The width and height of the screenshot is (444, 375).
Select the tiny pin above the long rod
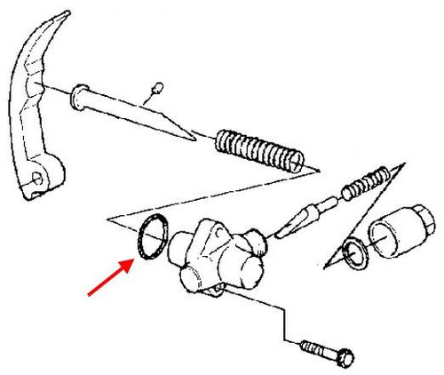click(157, 86)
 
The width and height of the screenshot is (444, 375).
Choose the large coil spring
click(262, 150)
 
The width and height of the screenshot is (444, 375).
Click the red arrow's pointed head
click(131, 261)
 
